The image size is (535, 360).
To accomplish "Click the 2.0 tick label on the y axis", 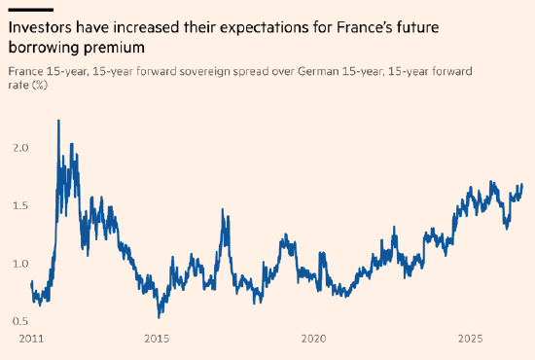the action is coord(20,148).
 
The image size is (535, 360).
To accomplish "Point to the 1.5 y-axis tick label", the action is coord(20,205).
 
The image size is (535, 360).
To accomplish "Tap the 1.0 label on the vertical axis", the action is coord(20,264).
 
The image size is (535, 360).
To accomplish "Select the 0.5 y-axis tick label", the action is coord(20,321).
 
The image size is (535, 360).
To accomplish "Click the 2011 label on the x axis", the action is coord(31,339).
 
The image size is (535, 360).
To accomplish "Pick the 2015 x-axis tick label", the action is coord(157,339).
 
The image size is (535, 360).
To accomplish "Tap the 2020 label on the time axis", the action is coord(313,339).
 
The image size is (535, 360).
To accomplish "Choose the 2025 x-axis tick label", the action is coord(471,339).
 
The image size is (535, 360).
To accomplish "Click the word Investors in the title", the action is coord(40,27).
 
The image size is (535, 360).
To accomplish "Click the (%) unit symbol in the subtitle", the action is coord(40,85).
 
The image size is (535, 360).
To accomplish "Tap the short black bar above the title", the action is coord(31,10).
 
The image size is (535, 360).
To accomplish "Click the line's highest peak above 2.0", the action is coord(58,120).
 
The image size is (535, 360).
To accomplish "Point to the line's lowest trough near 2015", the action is coord(159,317).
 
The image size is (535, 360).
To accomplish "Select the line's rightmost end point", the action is coord(522,185).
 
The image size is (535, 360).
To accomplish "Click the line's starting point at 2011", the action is coord(31,283).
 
